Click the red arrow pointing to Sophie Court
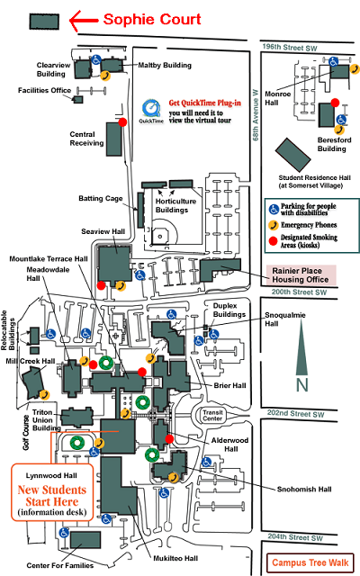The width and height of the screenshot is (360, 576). click(x=84, y=21)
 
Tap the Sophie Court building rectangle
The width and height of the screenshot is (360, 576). click(x=44, y=22)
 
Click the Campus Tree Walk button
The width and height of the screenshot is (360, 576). click(x=310, y=562)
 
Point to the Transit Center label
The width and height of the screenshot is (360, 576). click(x=212, y=415)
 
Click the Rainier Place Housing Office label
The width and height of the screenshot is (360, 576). click(x=300, y=275)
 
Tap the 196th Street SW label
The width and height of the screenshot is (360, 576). click(x=290, y=48)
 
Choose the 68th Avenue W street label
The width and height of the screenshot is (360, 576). click(x=256, y=115)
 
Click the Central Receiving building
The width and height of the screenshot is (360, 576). click(x=114, y=139)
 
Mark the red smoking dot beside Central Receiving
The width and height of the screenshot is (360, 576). click(x=122, y=122)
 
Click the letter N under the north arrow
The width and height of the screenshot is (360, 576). click(x=302, y=385)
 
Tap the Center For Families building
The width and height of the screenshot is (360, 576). click(x=85, y=540)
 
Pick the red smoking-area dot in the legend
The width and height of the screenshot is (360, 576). click(x=273, y=241)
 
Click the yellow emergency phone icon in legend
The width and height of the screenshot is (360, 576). click(x=274, y=225)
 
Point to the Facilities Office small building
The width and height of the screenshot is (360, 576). click(x=78, y=99)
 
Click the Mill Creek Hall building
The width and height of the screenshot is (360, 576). click(x=33, y=382)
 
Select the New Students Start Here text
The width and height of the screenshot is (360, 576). click(x=52, y=496)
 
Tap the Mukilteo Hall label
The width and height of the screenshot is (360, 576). click(x=175, y=558)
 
